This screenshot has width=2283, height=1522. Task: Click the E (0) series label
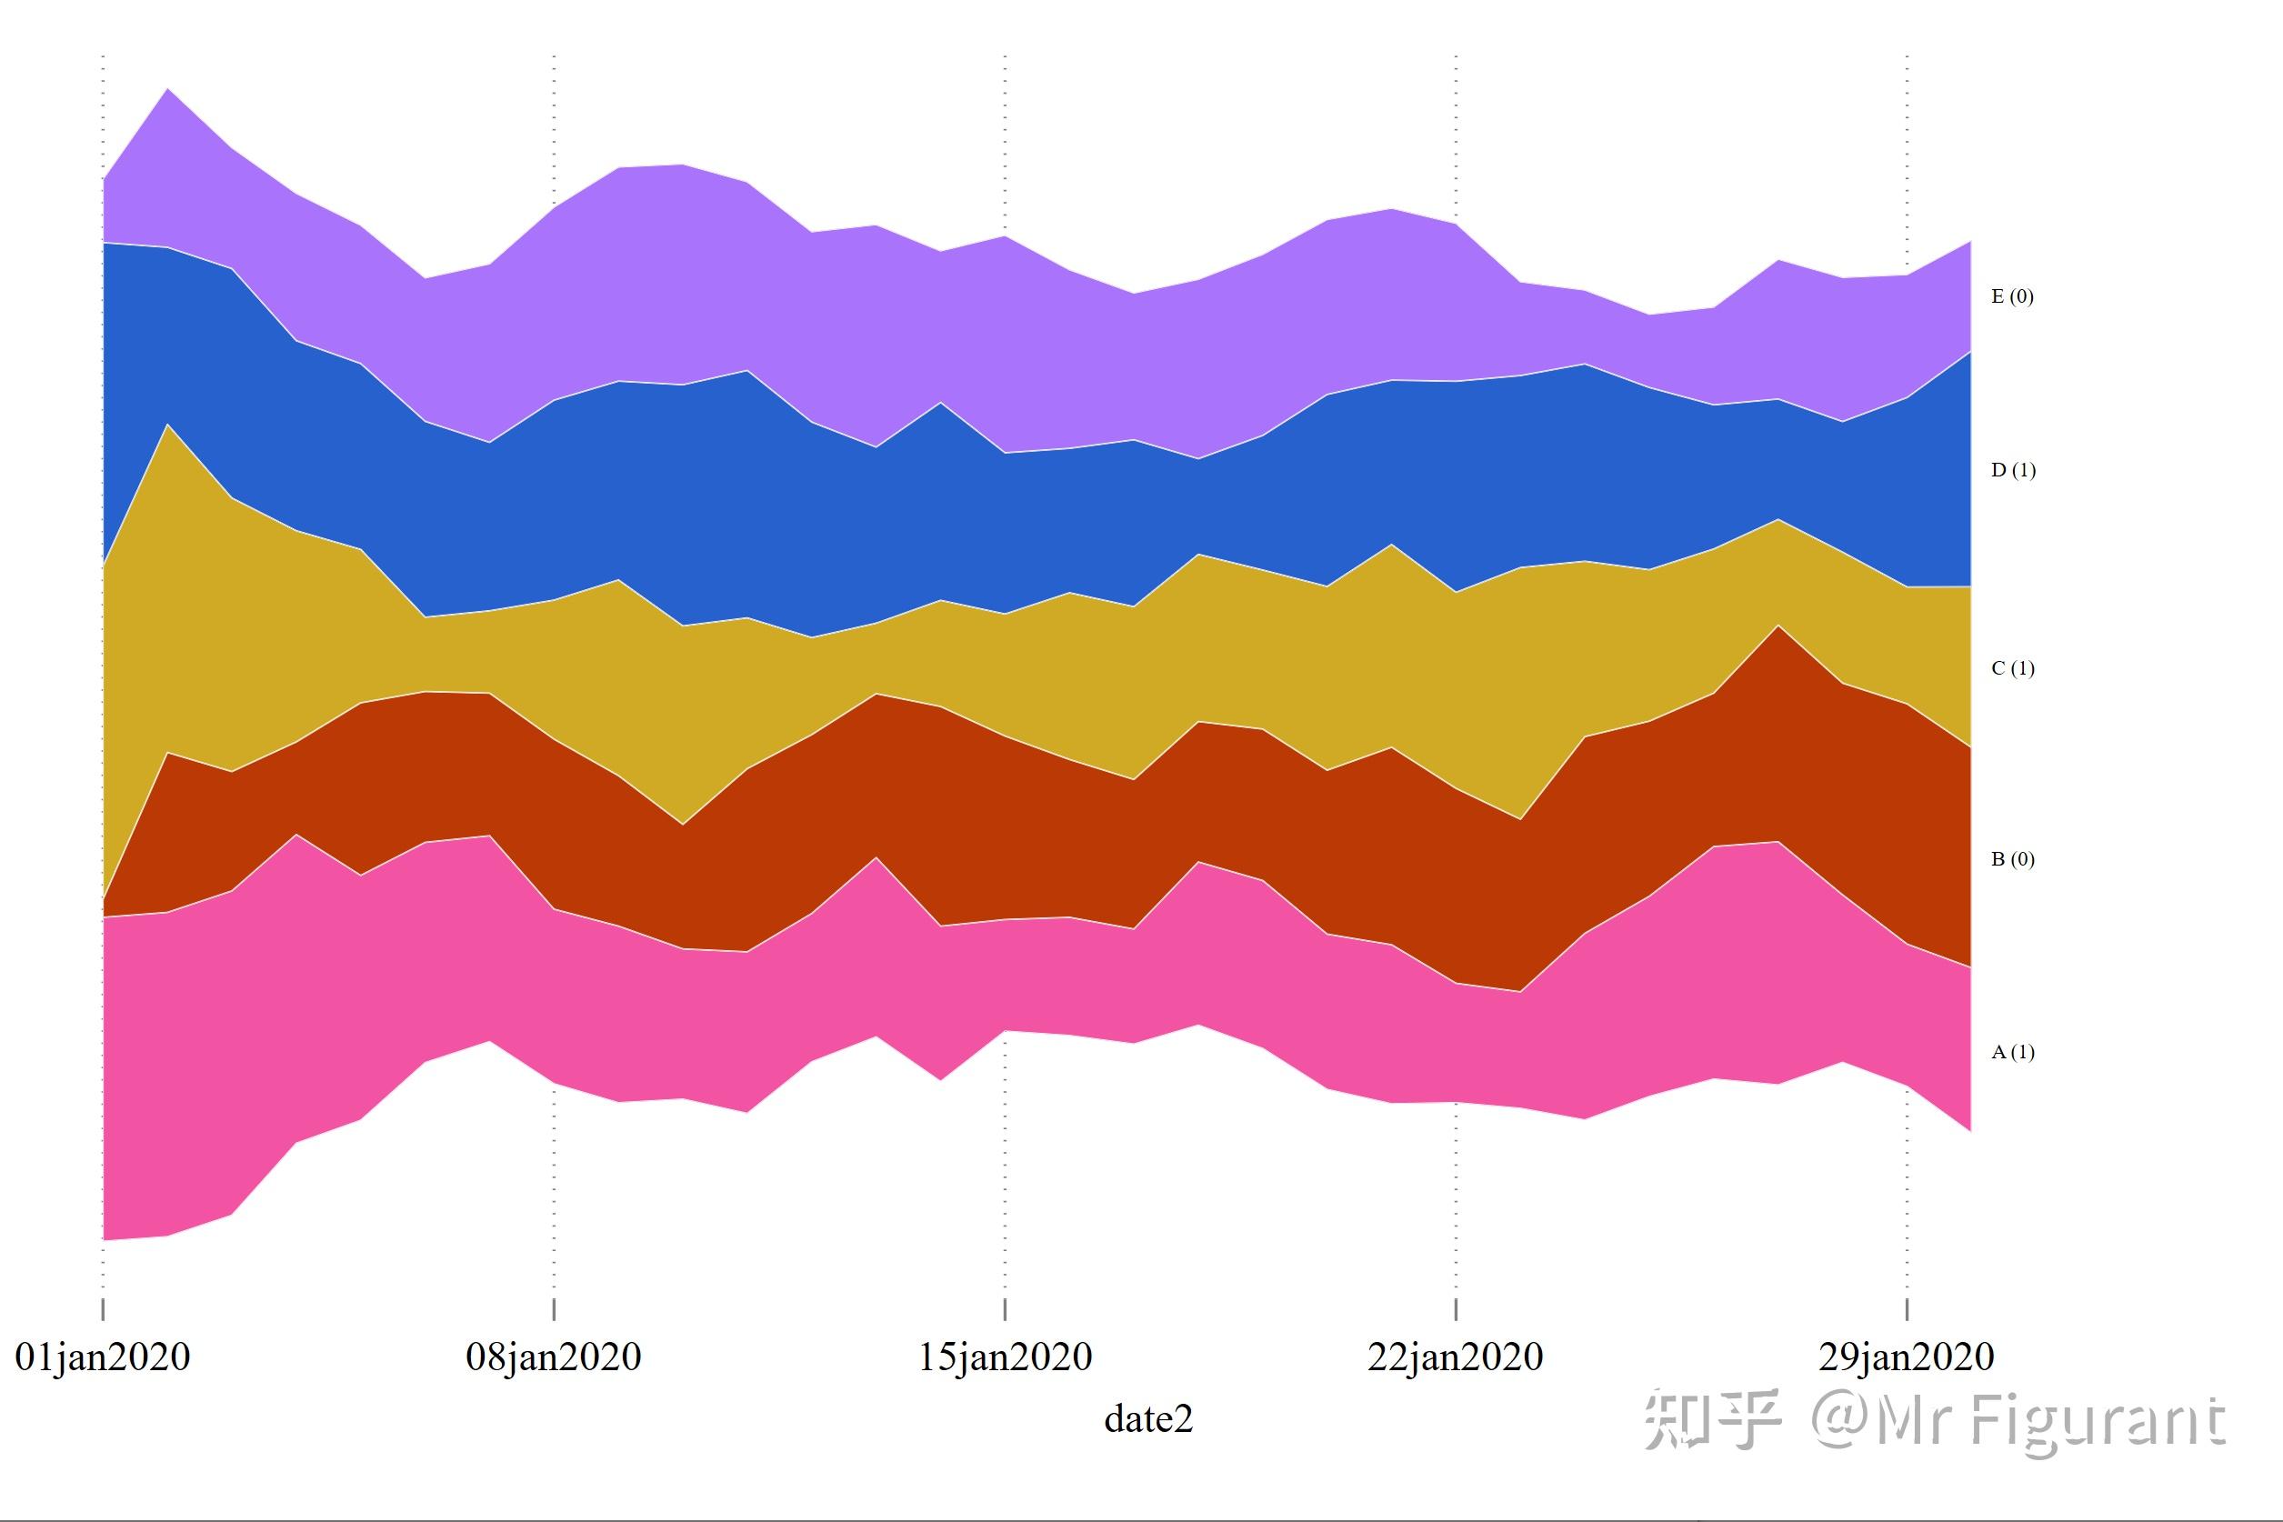2012,297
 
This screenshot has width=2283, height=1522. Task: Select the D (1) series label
2013,471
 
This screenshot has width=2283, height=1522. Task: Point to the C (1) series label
2012,669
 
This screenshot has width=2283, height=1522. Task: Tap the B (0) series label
2012,860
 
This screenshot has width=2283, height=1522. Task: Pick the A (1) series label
2012,1052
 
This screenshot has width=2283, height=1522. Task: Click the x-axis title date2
1148,1419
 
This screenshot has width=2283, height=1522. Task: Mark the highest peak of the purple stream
169,90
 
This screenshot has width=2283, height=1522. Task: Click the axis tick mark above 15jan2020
1005,1307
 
